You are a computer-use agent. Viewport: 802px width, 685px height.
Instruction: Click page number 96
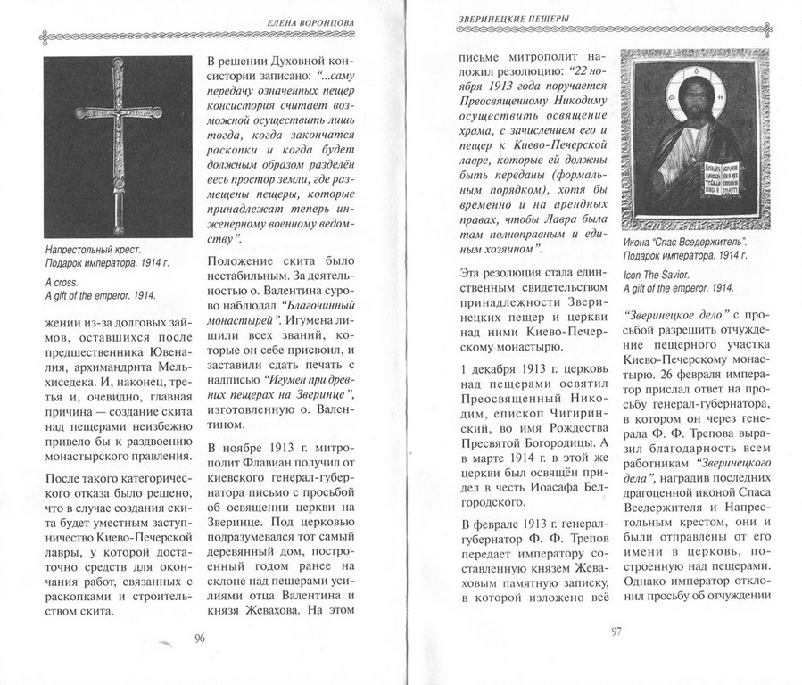(199, 638)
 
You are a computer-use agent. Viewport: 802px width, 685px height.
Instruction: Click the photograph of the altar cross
(118, 146)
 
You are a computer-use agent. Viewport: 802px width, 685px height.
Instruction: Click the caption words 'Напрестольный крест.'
(94, 252)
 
